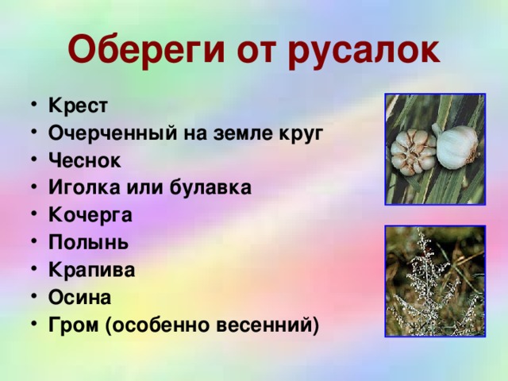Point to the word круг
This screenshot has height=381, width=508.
(x=301, y=133)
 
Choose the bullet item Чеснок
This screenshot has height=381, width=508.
(x=84, y=160)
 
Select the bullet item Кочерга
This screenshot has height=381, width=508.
(x=90, y=215)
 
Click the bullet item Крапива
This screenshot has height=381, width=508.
(x=91, y=270)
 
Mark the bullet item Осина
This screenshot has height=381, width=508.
(x=79, y=297)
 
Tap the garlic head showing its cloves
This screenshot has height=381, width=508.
(x=414, y=152)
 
